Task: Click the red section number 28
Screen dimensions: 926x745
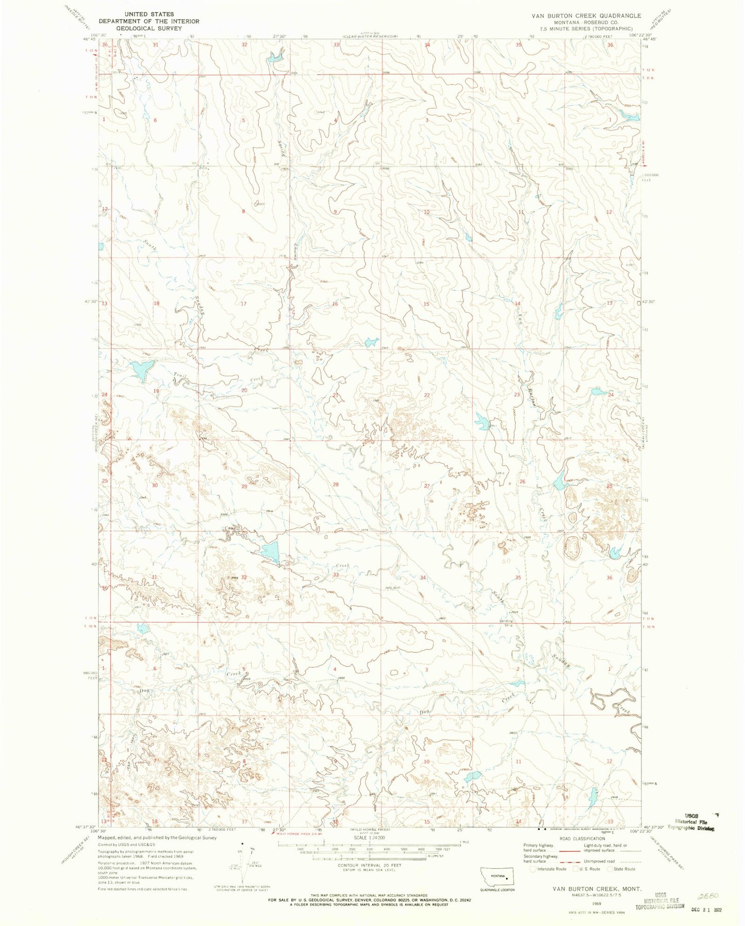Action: [336, 485]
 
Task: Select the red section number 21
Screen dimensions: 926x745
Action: [336, 395]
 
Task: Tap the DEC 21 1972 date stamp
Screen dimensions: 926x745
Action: [705, 910]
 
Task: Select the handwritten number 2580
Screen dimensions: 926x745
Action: [715, 896]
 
